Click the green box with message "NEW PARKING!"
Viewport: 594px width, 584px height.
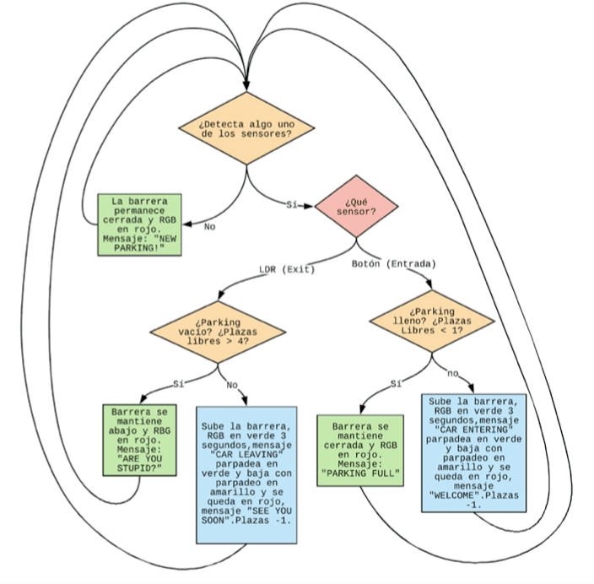[x=139, y=224]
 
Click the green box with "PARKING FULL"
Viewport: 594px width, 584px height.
[x=363, y=451]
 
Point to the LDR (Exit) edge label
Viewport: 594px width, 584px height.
[x=286, y=270]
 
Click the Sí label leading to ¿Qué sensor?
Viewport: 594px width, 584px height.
[x=293, y=205]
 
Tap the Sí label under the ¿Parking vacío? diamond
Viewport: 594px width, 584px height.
[x=178, y=384]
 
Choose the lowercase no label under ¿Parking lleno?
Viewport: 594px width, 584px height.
[x=452, y=372]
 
